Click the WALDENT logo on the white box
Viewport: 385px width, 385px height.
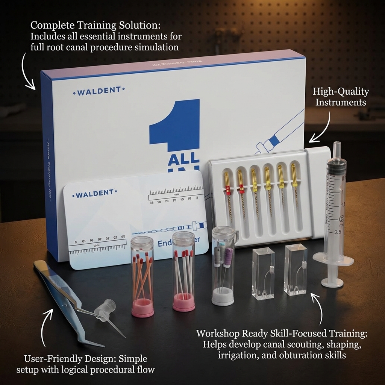(99, 91)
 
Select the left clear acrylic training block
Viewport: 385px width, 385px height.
(263, 273)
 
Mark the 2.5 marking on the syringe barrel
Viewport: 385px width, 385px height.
(338, 232)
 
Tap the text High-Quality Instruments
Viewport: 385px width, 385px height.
(341, 97)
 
